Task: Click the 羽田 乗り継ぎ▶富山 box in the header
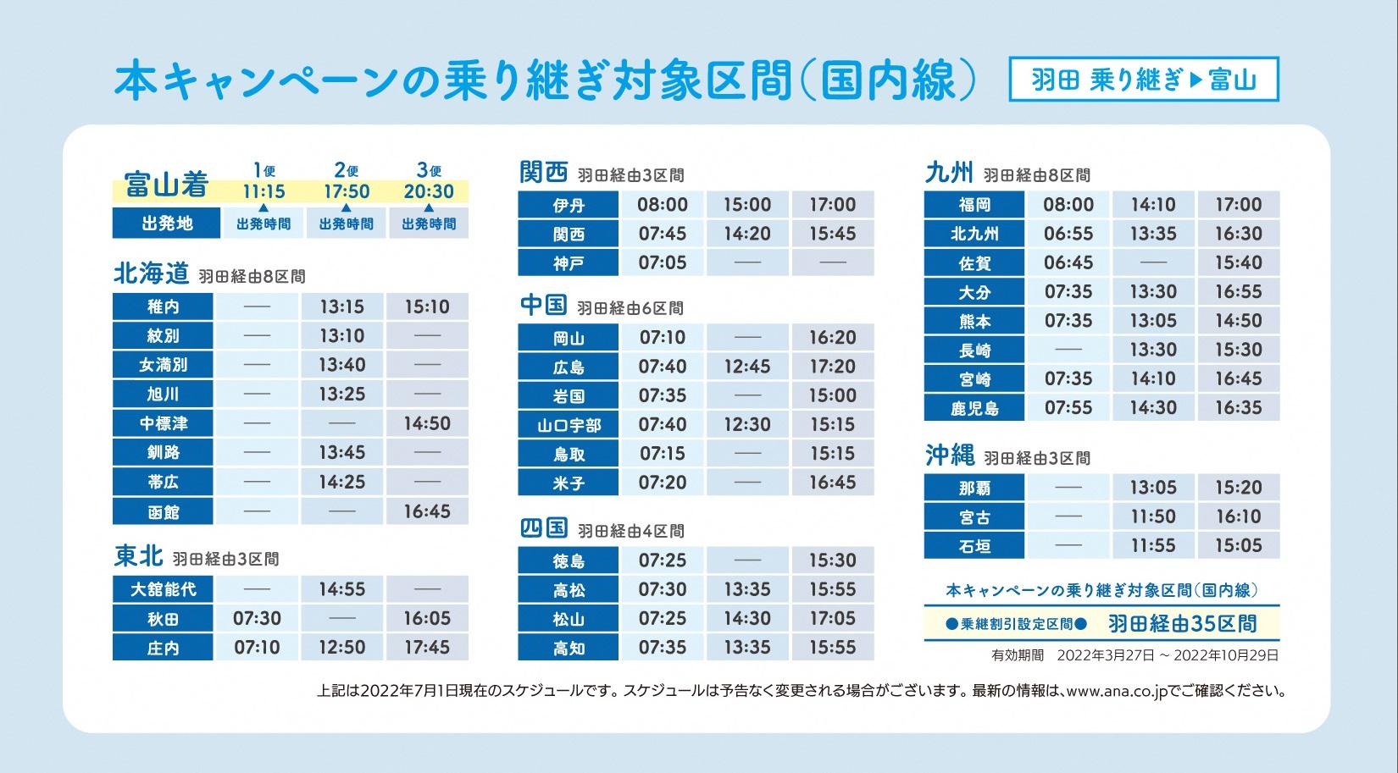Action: [x=1143, y=80]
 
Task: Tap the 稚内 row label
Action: [x=163, y=306]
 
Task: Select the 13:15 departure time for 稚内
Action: [x=341, y=306]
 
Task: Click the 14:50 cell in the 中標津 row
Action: [x=427, y=423]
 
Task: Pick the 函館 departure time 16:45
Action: [x=427, y=511]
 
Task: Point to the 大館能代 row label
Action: [x=163, y=589]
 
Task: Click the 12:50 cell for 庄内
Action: [x=341, y=648]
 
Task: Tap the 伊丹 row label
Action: [x=569, y=205]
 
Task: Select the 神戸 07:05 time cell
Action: [x=663, y=262]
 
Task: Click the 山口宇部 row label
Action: [x=569, y=425]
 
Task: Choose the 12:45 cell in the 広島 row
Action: [x=747, y=367]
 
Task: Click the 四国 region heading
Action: [x=543, y=528]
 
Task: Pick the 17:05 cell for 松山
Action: [x=832, y=619]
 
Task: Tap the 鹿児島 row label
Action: [x=974, y=408]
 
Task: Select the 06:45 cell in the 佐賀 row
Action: [x=1068, y=262]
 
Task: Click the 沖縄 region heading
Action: [x=950, y=456]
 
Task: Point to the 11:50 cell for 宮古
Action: [x=1153, y=516]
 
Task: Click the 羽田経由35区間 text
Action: [x=1182, y=624]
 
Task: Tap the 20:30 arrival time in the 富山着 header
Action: [x=429, y=191]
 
